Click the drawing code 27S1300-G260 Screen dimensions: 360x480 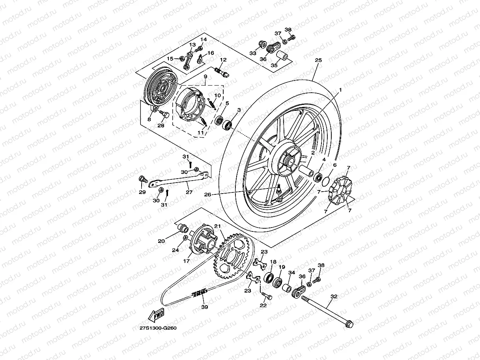click(157, 328)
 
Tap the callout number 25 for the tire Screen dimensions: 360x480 click(318, 60)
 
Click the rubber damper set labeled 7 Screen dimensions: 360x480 click(340, 190)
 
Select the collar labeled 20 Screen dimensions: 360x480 click(182, 228)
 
